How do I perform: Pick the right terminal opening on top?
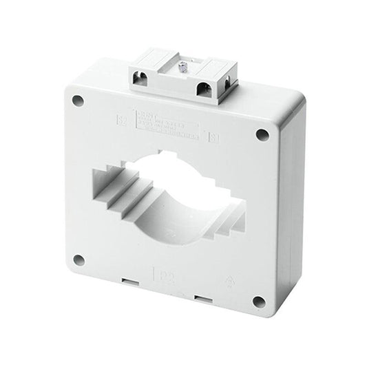pos(205,89)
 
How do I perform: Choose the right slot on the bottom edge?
pos(202,297)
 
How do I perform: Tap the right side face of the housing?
pos(290,207)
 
